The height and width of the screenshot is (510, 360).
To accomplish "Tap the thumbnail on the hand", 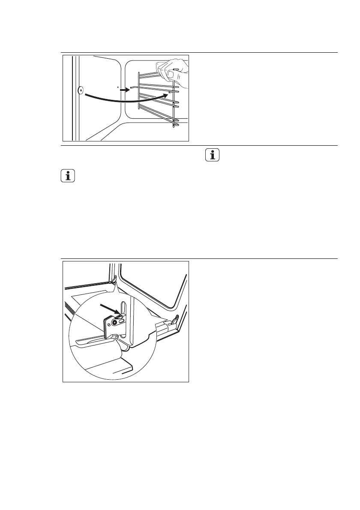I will coord(170,74).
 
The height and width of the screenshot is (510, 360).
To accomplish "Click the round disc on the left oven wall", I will coord(81,91).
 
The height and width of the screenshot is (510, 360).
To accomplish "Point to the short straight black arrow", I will coord(124,90).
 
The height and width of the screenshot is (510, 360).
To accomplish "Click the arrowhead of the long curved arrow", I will coord(163,97).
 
